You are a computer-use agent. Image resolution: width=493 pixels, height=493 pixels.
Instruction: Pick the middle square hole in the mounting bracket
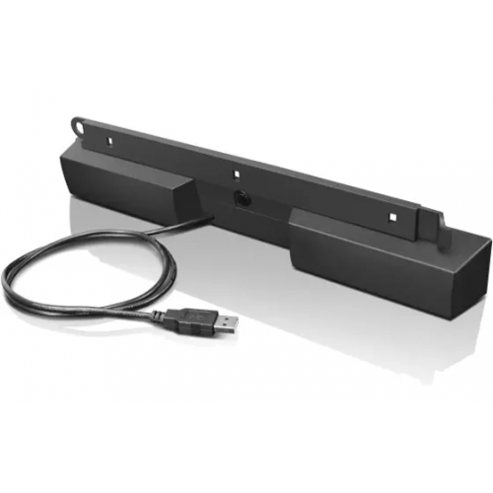[238, 174]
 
